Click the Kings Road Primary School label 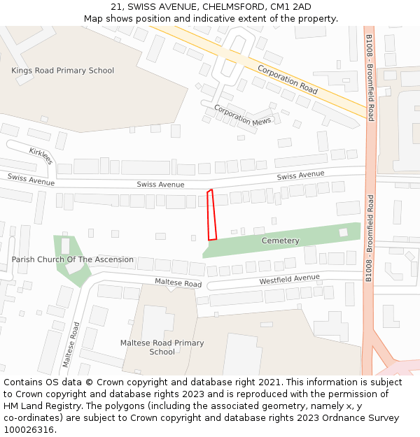[x=62, y=70]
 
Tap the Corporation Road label [x=287, y=79]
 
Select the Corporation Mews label [x=242, y=115]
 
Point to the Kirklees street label [x=41, y=156]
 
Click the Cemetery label [x=280, y=241]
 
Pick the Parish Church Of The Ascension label [x=72, y=259]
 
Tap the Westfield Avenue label [x=289, y=279]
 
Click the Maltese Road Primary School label [x=162, y=348]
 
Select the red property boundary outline [x=211, y=215]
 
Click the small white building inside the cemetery [x=343, y=232]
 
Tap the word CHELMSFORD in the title [x=226, y=6]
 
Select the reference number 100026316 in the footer [x=29, y=430]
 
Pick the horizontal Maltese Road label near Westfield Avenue [x=178, y=282]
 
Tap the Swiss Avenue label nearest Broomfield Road [x=300, y=175]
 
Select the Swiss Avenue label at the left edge [x=31, y=180]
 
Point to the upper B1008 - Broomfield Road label [x=370, y=78]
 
